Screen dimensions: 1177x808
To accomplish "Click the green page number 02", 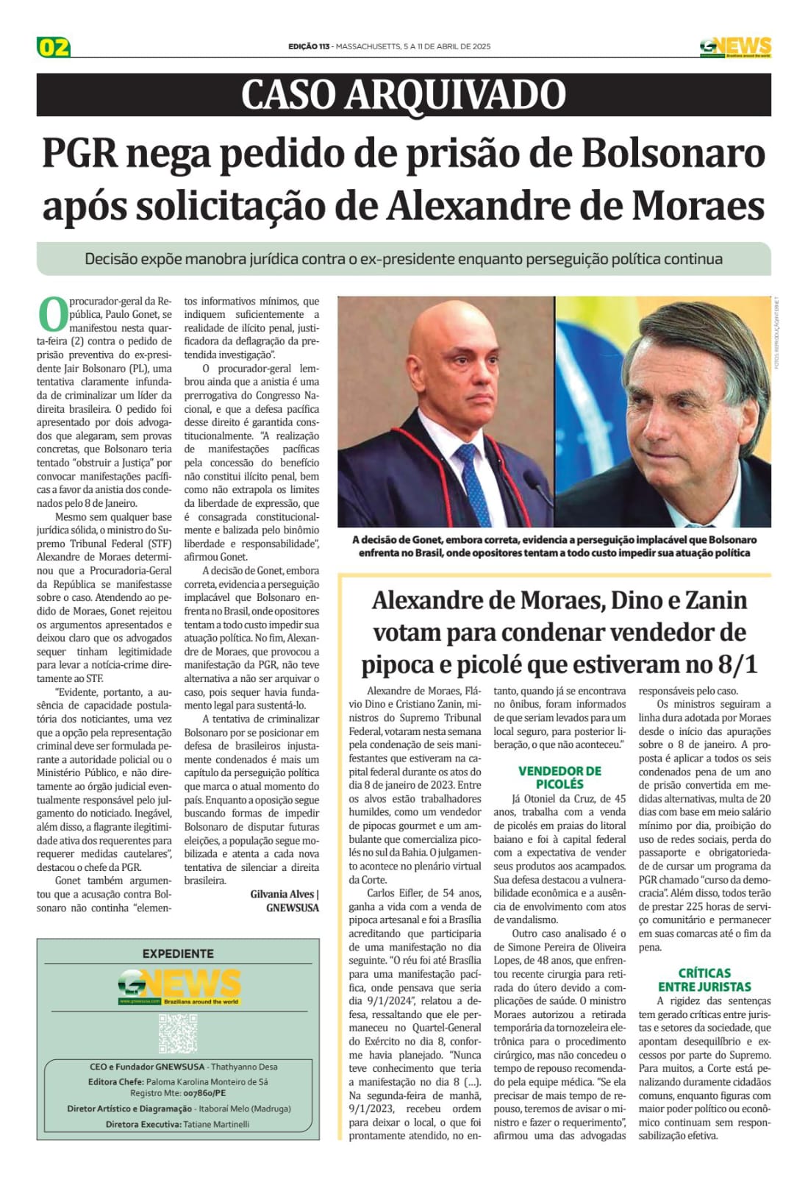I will coord(54,47).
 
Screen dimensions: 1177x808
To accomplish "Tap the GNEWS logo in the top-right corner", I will coord(734,46).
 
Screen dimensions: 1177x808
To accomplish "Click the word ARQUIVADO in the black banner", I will coord(456,95).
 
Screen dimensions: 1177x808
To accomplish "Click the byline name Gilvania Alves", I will coord(282,894).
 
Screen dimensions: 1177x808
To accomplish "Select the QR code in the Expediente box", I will coord(178,1033).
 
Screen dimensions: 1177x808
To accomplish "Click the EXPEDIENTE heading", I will coord(178,953).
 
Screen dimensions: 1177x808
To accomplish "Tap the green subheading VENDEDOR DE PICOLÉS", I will coord(559,778).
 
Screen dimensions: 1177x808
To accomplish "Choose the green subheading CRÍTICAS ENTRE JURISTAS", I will coord(704,980).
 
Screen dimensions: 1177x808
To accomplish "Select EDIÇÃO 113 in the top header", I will coord(309,47).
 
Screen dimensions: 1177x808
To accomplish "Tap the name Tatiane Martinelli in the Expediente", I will coord(216,1124).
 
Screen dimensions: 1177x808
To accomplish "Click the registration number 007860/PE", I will coord(204,1093).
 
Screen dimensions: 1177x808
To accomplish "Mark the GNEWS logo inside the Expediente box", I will coord(179,986).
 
